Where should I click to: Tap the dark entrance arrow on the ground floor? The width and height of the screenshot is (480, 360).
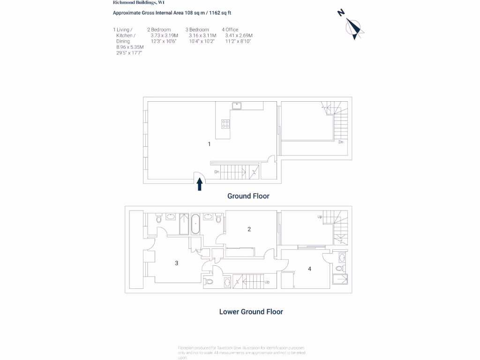(x=199, y=184)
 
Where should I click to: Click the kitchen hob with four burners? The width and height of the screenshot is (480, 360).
(x=225, y=124)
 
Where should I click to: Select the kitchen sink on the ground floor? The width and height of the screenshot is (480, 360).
(x=237, y=105)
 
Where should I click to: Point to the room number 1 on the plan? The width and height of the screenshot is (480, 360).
(x=209, y=144)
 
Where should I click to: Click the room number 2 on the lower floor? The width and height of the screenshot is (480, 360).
(x=249, y=229)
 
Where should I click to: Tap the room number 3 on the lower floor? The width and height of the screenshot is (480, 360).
(x=177, y=263)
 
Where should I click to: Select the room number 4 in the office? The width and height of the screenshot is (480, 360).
(x=309, y=269)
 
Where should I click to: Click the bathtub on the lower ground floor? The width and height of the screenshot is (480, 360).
(x=195, y=225)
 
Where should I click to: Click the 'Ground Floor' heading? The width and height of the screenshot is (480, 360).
(x=248, y=196)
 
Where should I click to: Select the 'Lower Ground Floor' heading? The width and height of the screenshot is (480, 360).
(x=251, y=311)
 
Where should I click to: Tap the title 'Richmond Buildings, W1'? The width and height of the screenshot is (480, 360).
(x=132, y=2)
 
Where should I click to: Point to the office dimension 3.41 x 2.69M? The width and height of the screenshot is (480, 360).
(x=239, y=36)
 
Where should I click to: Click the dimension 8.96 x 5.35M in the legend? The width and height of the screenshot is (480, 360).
(x=130, y=47)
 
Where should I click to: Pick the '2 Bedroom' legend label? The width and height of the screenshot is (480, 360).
(x=159, y=30)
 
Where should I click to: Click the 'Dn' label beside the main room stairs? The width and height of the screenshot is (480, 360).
(x=217, y=172)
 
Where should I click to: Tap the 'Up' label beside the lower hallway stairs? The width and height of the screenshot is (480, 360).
(x=267, y=282)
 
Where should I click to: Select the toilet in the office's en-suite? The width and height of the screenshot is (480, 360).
(x=339, y=269)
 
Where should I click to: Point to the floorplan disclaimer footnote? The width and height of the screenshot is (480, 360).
(x=241, y=352)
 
